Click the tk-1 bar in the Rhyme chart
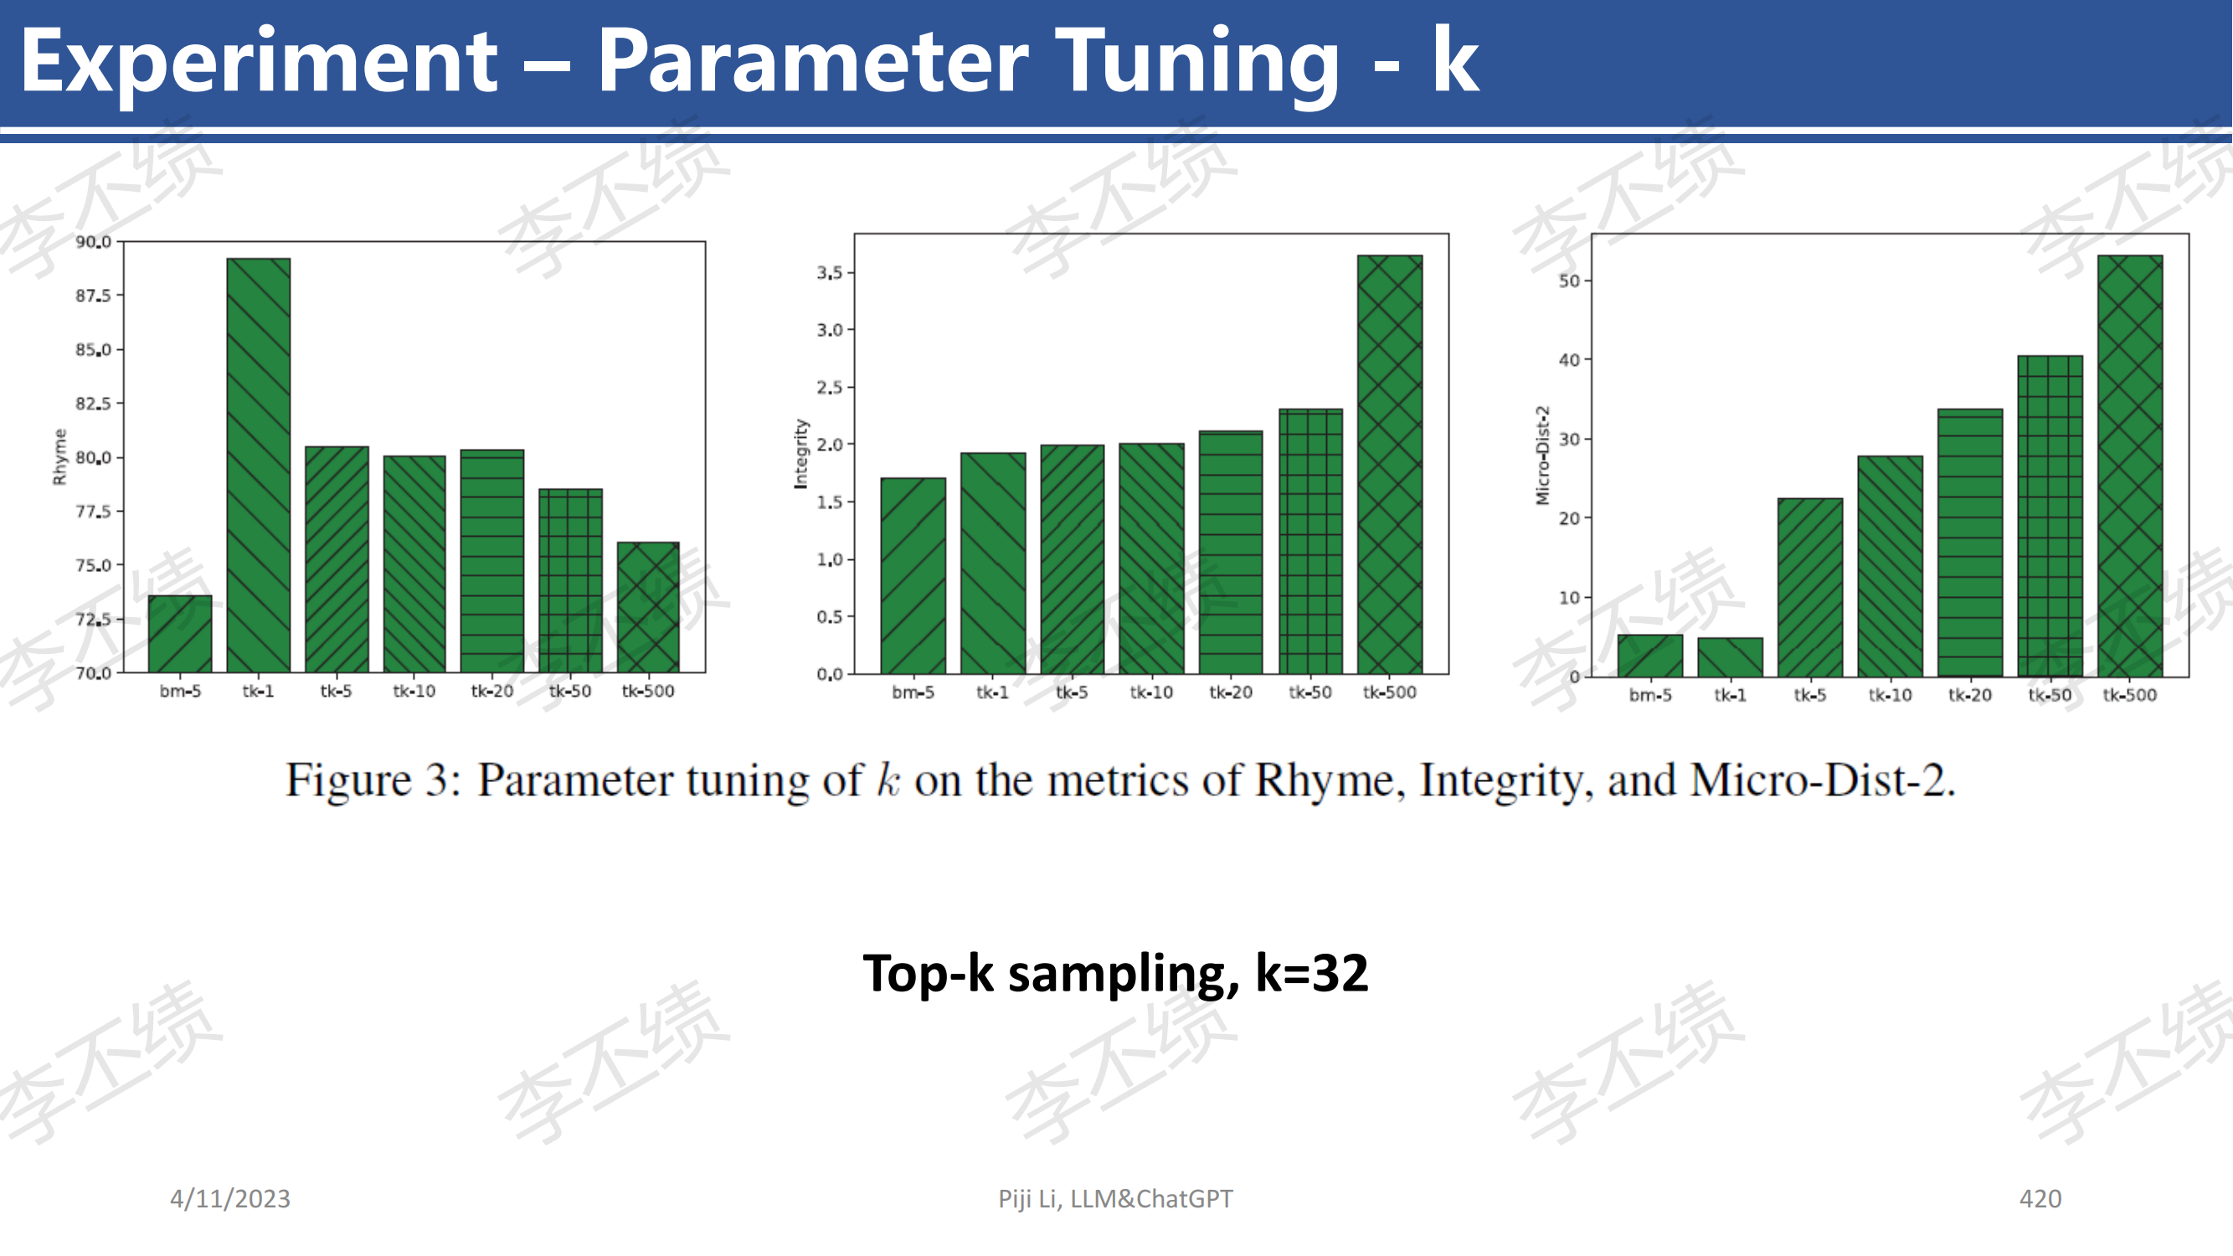point(259,465)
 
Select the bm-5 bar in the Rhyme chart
point(180,634)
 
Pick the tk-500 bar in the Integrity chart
point(1390,465)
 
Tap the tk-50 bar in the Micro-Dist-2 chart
point(2050,516)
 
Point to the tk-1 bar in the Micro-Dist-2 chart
point(1731,657)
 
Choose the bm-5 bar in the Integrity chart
point(913,575)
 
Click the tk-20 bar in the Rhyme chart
point(492,561)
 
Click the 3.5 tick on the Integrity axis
point(830,272)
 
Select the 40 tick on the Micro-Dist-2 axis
point(1569,360)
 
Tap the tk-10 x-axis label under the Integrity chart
point(1151,692)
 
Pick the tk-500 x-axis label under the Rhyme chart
point(648,691)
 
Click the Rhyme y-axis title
point(59,457)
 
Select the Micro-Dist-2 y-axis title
point(1542,455)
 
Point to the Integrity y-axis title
point(800,454)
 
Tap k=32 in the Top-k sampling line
point(1311,972)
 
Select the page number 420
point(2040,1199)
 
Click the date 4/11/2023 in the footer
point(229,1199)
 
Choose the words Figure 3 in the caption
point(368,780)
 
